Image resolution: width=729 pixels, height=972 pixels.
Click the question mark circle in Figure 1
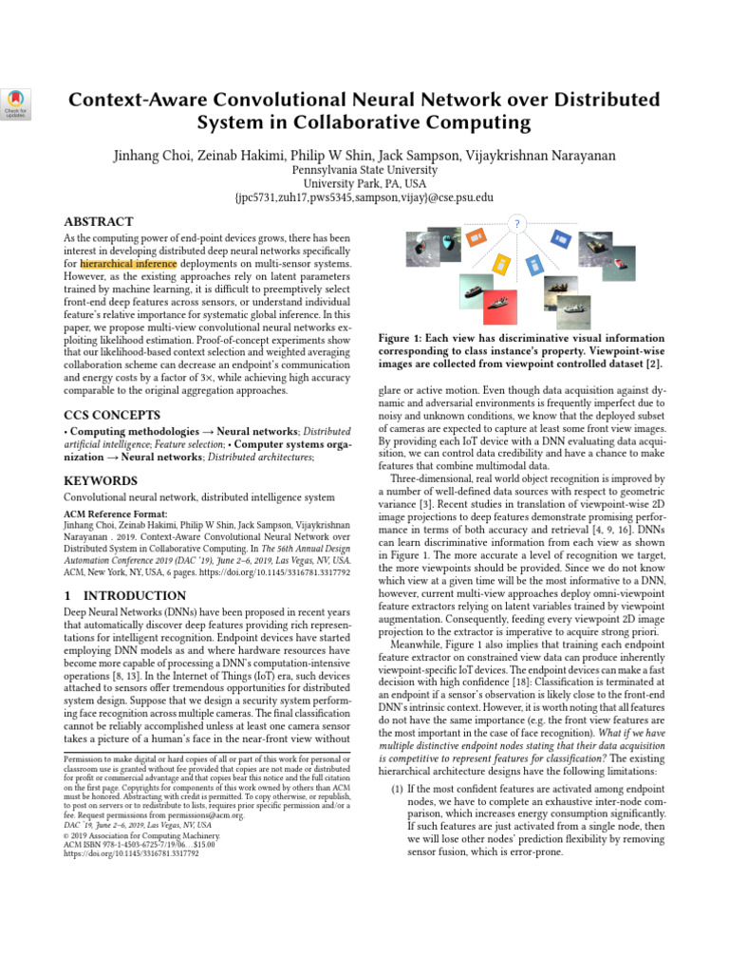(x=517, y=224)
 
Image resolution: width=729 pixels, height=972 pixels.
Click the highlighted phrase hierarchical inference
(x=128, y=264)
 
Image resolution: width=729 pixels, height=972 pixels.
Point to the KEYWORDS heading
(x=100, y=479)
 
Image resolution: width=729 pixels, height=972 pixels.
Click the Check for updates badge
(x=16, y=103)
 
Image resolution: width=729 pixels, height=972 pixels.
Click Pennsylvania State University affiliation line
(x=364, y=169)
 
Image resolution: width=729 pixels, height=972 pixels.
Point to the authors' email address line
(x=364, y=197)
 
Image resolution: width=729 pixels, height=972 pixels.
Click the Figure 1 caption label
(x=403, y=338)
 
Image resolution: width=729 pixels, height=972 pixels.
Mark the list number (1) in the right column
(x=398, y=789)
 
